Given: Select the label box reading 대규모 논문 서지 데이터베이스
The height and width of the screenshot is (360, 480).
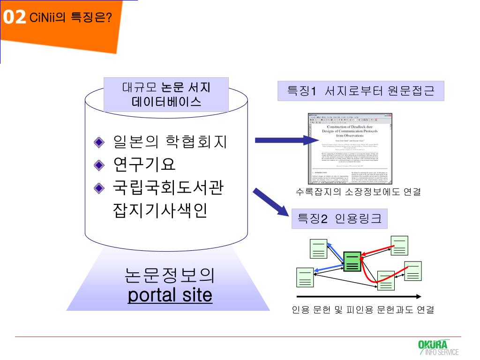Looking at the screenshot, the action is (166, 94).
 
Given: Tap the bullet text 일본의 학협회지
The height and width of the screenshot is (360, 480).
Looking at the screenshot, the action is (170, 142).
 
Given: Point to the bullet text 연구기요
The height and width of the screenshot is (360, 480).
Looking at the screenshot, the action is (144, 165).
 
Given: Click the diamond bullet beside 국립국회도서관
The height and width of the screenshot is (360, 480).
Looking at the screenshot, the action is (99, 188).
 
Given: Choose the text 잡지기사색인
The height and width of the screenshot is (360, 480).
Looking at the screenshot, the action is (159, 210).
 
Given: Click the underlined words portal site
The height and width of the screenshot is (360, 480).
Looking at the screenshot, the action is (170, 295).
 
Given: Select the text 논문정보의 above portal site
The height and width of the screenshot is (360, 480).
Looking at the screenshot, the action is (170, 275).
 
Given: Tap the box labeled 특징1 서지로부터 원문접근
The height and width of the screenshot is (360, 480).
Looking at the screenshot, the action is (360, 91).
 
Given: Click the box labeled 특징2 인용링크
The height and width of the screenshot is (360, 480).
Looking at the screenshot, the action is (339, 218).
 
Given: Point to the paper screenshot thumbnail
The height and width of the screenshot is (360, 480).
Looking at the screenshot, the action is (350, 149).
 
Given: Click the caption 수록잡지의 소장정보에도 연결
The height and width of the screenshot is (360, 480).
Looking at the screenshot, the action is (358, 192).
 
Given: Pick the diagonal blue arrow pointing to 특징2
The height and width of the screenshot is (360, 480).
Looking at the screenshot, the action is (271, 202).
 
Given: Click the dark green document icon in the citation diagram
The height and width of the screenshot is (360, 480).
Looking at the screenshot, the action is (352, 262).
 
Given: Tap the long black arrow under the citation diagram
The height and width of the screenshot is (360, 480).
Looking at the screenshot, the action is (359, 296).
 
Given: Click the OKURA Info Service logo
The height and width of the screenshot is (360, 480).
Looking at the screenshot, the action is (438, 347).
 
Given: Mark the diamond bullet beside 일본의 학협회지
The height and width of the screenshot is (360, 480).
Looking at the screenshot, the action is (99, 142).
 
